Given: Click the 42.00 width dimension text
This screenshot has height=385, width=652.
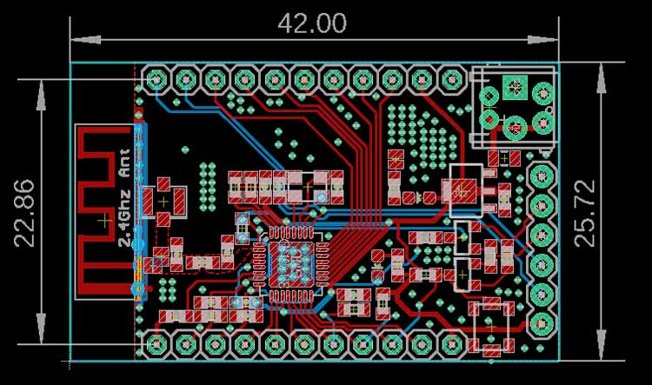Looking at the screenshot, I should [x=312, y=23].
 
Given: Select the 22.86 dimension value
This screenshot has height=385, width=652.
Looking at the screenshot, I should [x=25, y=213].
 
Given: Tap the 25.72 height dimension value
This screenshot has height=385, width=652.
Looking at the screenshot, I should [x=629, y=213].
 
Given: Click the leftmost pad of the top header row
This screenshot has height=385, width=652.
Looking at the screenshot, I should [x=156, y=81].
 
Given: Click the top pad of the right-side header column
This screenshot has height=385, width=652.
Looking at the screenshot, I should [x=542, y=176].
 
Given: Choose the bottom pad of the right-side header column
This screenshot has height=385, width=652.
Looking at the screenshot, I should [x=542, y=323].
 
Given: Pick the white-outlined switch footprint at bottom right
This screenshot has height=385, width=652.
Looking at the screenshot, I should [x=492, y=325].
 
